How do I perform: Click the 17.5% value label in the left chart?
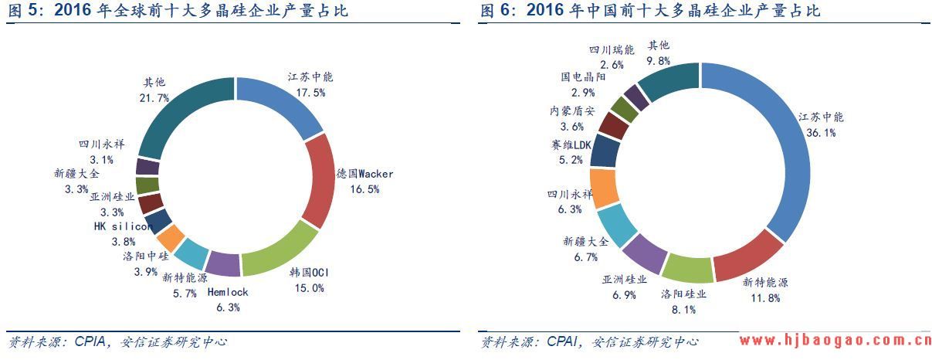click(x=310, y=92)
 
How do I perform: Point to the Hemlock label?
click(x=228, y=292)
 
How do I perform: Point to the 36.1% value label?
click(x=820, y=132)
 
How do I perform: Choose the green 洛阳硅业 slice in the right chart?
click(x=687, y=267)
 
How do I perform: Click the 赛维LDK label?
click(x=571, y=145)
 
